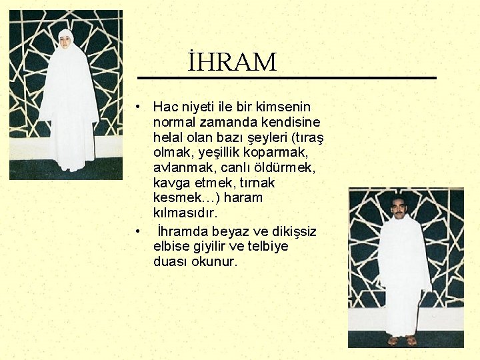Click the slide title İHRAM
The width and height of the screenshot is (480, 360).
click(x=231, y=62)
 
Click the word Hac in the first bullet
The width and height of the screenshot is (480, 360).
click(x=164, y=107)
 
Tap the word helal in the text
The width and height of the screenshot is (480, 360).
click(x=168, y=137)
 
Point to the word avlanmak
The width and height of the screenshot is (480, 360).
click(x=180, y=167)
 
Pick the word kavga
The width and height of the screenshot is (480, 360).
click(x=170, y=183)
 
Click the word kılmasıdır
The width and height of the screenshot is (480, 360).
click(x=185, y=213)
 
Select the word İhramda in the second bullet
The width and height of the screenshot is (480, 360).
click(x=182, y=231)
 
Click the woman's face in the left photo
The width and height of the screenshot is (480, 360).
click(x=65, y=40)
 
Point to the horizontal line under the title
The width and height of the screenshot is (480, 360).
click(x=287, y=78)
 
